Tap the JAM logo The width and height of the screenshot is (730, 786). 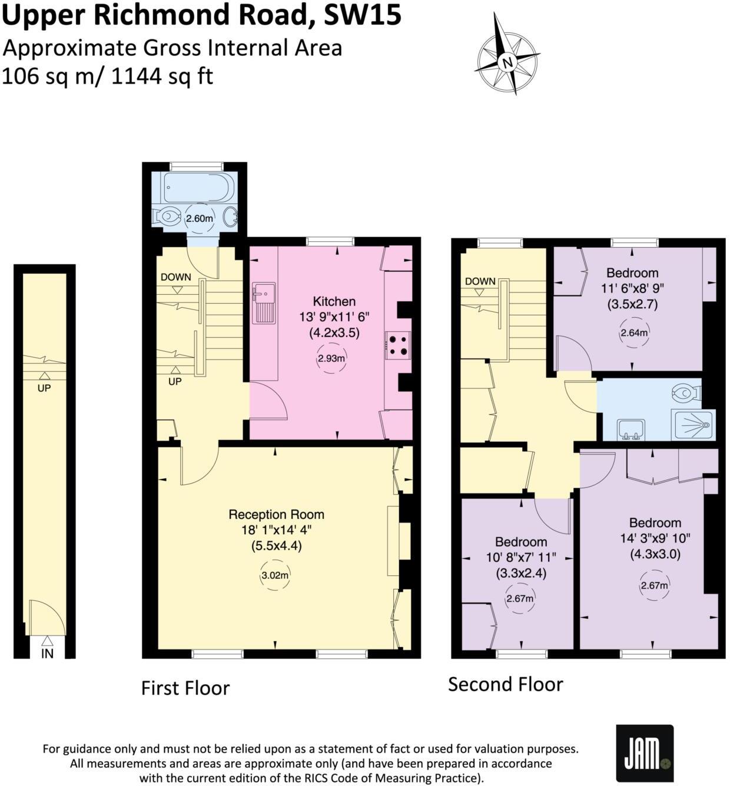coord(644,753)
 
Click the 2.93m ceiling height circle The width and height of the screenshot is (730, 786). coord(331,358)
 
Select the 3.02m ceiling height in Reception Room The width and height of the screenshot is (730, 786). coord(274,576)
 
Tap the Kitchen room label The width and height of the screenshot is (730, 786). coord(334,301)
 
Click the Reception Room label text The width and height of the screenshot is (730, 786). coord(276,515)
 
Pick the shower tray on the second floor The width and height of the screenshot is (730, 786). coord(693,424)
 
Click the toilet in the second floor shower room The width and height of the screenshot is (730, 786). coord(686,391)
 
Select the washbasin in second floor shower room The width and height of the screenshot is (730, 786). coord(631,429)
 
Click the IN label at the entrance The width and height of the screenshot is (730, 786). coord(47,654)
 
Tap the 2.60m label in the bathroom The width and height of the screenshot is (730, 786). coord(199,218)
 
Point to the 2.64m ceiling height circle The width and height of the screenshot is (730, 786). coord(633,333)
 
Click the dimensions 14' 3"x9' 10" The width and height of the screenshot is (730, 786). coord(655,538)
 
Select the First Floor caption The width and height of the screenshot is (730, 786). coord(185,688)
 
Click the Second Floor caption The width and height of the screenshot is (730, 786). coord(505,684)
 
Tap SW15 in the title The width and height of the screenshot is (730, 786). coord(363,15)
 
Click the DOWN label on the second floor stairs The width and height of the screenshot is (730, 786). coord(480,281)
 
